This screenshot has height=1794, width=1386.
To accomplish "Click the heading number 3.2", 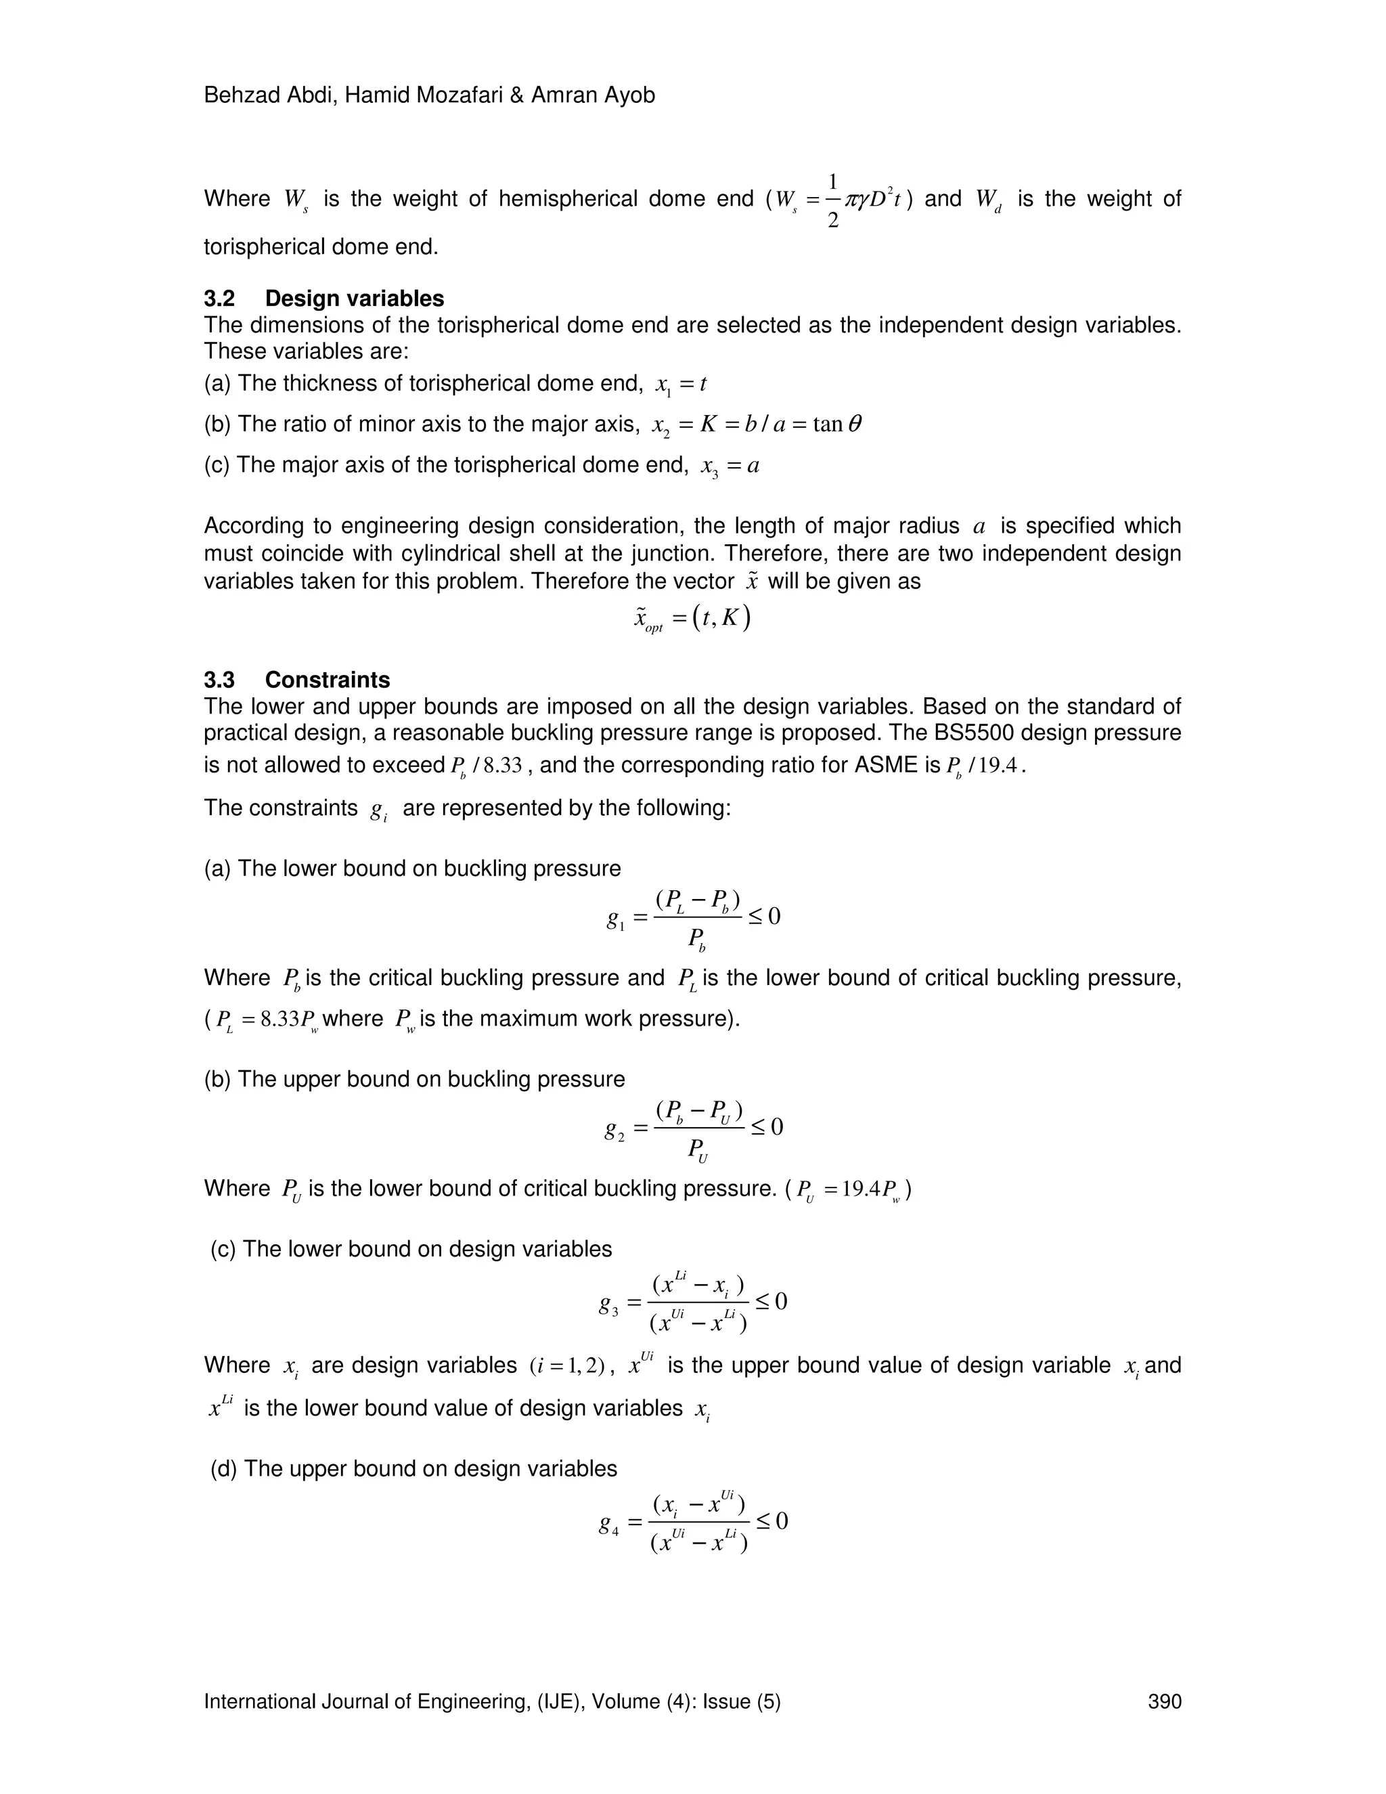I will (219, 298).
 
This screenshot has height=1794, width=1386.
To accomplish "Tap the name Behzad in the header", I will (238, 95).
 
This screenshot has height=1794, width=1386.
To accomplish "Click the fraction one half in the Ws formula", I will (832, 200).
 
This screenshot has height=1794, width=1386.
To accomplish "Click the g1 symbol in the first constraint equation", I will (616, 920).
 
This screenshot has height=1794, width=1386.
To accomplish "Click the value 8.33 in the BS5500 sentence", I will (501, 766).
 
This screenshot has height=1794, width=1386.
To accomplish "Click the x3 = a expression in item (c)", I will (729, 466).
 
